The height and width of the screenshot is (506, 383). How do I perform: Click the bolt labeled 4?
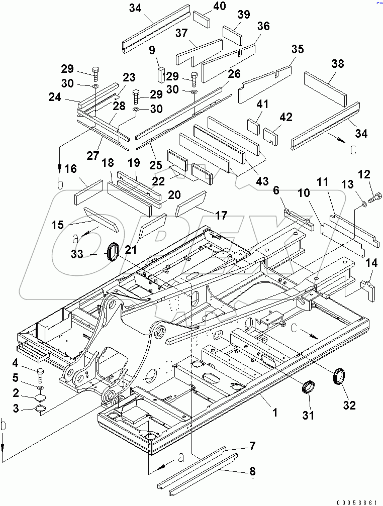(x=41, y=375)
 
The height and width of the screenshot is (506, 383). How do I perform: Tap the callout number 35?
(x=297, y=49)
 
